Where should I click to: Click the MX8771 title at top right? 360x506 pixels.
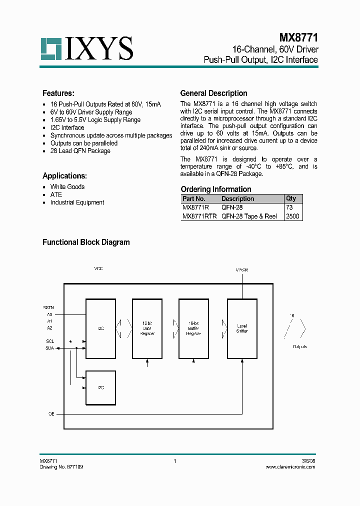point(298,37)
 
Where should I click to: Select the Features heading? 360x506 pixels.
point(58,93)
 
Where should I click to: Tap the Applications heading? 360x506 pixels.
point(64,176)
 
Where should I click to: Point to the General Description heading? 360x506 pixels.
point(213,93)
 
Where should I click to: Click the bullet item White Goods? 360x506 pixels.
point(67,187)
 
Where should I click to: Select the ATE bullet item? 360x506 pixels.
point(56,194)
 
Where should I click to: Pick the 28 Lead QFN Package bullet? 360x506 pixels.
point(80,151)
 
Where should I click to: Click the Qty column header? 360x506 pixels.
point(291,198)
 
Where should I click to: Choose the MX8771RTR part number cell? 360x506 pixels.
point(199,216)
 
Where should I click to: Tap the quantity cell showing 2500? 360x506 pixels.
point(292,216)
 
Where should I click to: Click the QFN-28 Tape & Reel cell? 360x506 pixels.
point(249,216)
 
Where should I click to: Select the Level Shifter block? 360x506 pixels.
point(242,328)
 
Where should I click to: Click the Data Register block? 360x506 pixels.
point(147,328)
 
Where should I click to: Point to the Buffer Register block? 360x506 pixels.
point(193,328)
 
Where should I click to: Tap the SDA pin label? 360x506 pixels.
point(50,348)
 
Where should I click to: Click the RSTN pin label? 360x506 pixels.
point(48,307)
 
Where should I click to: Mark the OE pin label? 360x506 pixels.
point(50,414)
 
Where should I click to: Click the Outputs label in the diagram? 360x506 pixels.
point(300,346)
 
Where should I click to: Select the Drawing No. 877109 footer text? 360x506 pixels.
point(61,466)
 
